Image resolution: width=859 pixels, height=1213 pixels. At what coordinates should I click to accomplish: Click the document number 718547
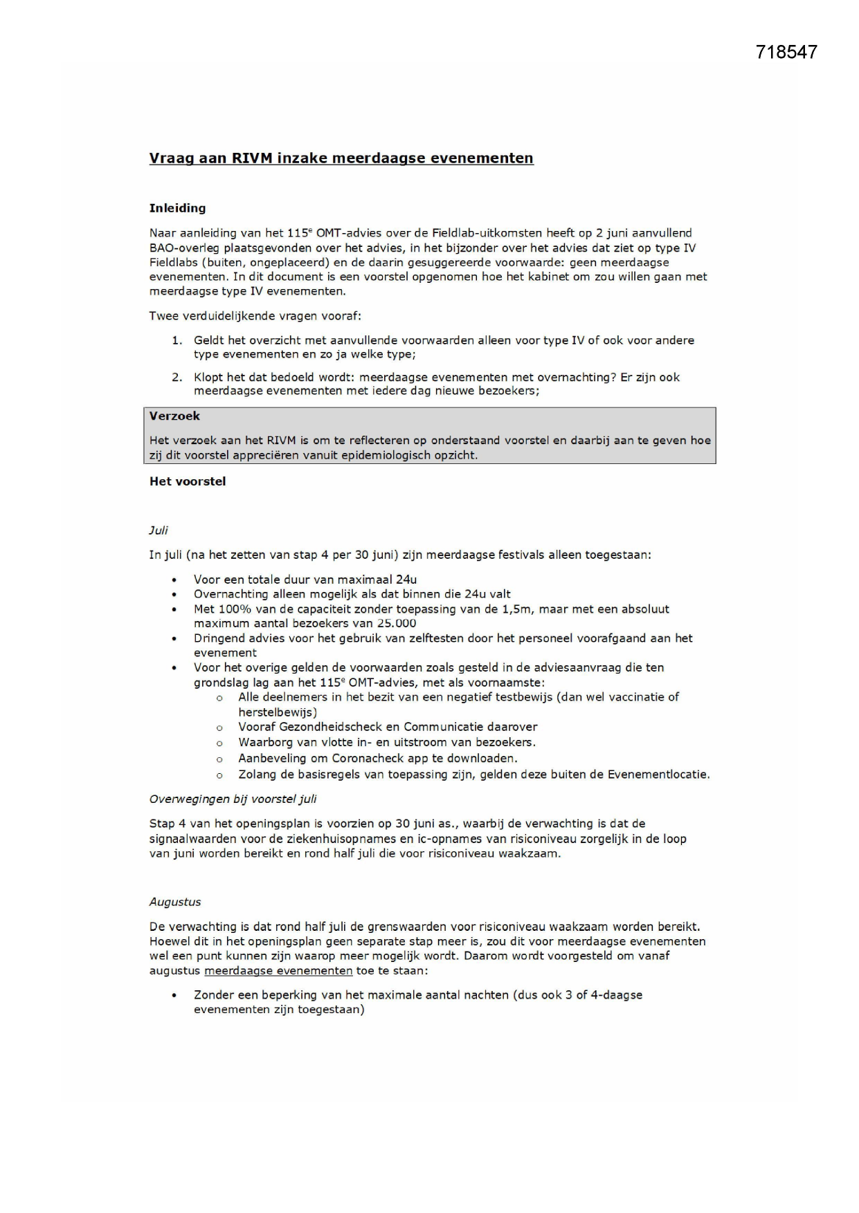click(x=786, y=52)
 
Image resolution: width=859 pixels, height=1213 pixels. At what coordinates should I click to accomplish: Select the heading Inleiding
click(x=177, y=208)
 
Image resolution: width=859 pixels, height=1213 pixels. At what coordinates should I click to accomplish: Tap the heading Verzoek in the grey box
click(x=174, y=416)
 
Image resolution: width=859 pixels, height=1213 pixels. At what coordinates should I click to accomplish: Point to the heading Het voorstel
click(x=188, y=481)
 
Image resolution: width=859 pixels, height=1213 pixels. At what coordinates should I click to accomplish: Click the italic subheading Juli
click(x=159, y=530)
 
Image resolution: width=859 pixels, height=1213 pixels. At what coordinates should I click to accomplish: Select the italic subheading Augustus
click(x=175, y=902)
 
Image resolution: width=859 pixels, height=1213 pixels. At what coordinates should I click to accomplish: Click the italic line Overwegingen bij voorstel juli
click(x=233, y=799)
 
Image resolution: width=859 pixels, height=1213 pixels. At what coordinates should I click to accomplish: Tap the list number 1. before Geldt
click(x=177, y=340)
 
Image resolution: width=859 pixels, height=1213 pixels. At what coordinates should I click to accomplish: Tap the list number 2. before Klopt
click(x=177, y=377)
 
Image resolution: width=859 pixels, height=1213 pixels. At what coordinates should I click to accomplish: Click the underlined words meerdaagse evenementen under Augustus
click(x=278, y=970)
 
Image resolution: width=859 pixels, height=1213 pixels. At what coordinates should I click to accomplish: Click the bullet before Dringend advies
click(x=175, y=638)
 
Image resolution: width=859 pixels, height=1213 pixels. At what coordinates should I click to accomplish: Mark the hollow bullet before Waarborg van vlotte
click(x=219, y=743)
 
